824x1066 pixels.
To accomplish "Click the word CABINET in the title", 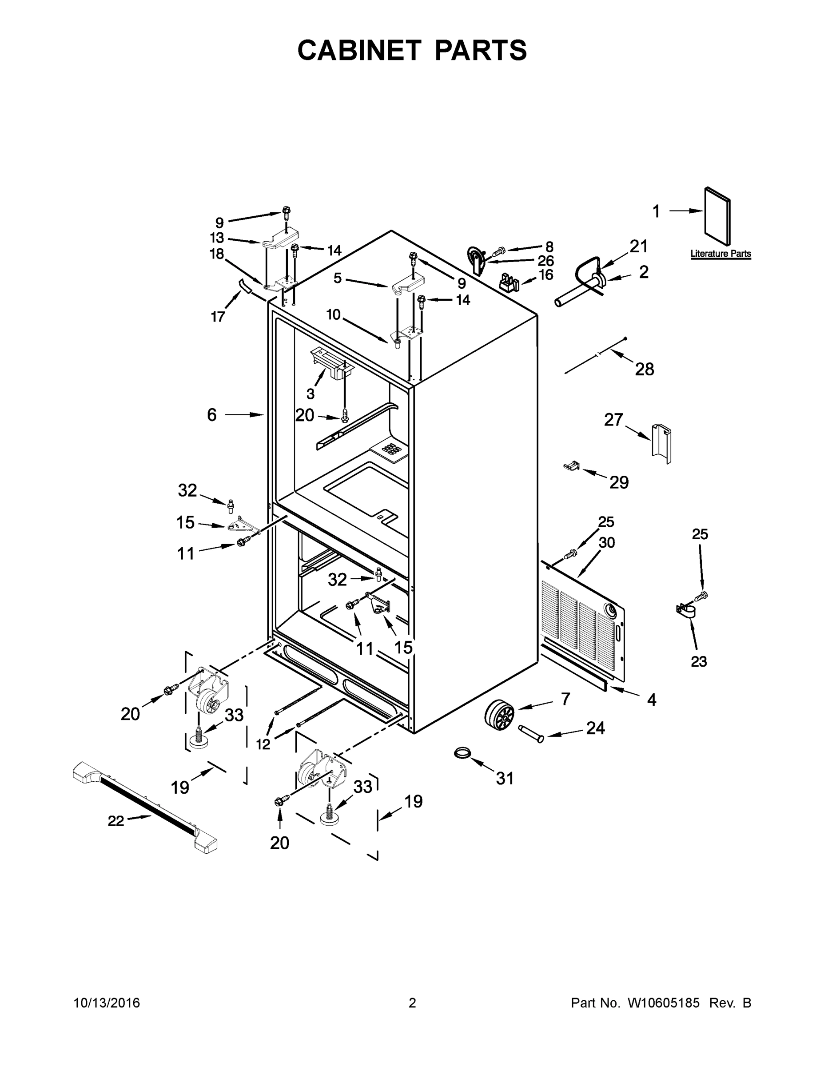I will click(359, 50).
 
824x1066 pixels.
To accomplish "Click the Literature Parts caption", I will click(721, 254).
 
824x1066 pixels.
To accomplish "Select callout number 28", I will click(645, 370).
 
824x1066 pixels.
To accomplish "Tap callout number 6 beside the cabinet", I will click(211, 415).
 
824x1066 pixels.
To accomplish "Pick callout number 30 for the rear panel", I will click(607, 542).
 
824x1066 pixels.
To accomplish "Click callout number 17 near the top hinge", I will click(217, 317).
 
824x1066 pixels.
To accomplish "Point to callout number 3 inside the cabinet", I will click(310, 394).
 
